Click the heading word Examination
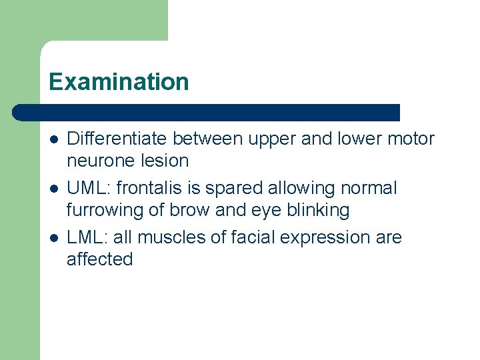pos(119,82)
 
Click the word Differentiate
pos(117,139)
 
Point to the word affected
pos(100,259)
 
